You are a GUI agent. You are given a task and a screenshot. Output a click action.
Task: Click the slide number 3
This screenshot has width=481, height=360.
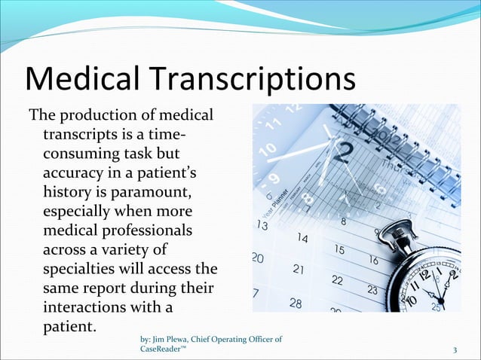pos(455,350)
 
